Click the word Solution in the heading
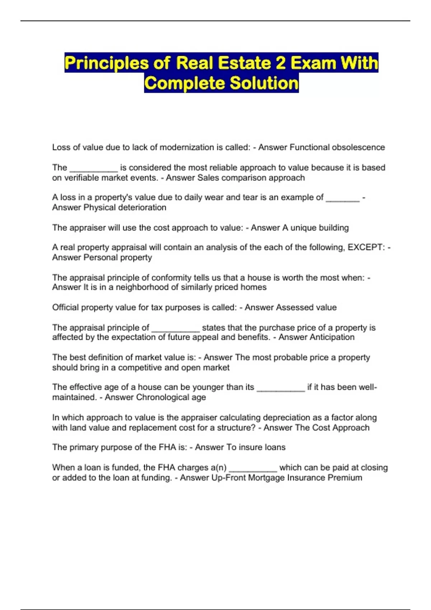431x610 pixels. coord(264,83)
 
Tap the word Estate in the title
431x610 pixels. coord(244,63)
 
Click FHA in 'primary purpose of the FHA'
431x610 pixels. coord(167,447)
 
